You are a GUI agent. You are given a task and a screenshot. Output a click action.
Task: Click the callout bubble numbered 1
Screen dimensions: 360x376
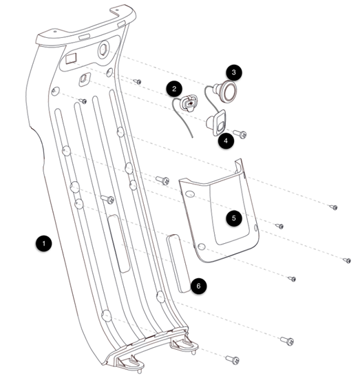43,244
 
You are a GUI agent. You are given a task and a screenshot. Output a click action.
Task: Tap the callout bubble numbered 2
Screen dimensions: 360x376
174,89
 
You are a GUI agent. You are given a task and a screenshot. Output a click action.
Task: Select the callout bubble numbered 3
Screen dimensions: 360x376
233,72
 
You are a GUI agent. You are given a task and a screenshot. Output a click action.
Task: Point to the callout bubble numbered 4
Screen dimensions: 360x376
226,140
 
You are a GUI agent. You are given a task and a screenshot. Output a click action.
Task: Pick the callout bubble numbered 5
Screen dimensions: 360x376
233,218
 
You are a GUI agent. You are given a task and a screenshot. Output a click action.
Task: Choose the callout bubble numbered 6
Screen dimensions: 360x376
198,286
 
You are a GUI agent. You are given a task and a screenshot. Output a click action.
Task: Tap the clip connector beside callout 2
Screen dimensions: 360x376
189,103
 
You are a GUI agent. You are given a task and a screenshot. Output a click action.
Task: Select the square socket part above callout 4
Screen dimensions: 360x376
216,123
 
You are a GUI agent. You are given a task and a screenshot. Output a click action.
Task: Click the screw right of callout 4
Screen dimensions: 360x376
240,134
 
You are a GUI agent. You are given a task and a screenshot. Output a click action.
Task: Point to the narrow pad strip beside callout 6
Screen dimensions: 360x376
179,263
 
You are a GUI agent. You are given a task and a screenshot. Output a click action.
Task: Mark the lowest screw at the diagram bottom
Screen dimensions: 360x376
233,359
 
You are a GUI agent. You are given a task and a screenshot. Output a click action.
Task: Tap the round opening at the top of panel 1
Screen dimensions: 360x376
104,50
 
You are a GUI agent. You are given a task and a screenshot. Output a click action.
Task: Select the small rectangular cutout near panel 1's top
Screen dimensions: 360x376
71,59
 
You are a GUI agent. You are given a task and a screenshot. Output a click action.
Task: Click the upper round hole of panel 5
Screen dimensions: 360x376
190,194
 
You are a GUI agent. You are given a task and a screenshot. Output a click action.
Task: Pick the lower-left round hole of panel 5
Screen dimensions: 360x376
202,247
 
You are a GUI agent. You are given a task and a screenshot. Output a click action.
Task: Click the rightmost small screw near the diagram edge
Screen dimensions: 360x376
347,260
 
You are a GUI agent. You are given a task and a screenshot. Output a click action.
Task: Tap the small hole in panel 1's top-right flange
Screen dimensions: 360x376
117,10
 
